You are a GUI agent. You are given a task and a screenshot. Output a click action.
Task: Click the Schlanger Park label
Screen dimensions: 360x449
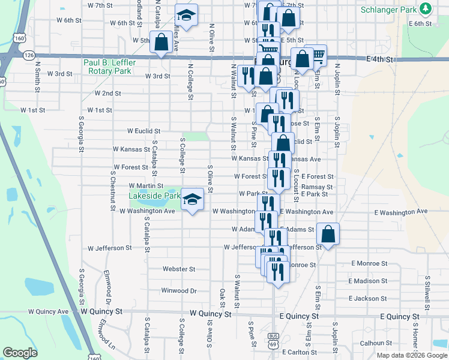point(389,10)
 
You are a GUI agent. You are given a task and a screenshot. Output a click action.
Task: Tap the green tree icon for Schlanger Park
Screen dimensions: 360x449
point(426,8)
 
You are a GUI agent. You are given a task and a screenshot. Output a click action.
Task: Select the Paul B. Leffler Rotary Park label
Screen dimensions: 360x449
point(110,67)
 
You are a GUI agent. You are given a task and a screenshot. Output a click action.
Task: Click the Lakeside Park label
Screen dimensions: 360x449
point(154,196)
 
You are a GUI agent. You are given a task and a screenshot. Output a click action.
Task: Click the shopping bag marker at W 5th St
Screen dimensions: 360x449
point(161,43)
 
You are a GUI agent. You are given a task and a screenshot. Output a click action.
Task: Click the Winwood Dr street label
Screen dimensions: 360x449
point(179,291)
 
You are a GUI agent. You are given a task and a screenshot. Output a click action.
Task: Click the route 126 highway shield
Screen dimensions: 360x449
point(29,55)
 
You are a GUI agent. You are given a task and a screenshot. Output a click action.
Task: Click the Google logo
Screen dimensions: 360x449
point(20,353)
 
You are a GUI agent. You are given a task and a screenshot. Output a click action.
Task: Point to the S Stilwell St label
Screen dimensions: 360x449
point(427,287)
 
